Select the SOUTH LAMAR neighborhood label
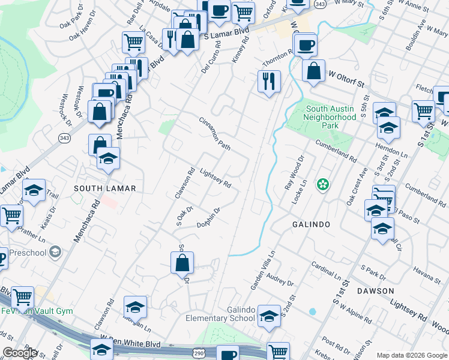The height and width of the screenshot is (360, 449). click(105, 188)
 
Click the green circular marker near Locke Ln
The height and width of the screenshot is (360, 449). click(323, 184)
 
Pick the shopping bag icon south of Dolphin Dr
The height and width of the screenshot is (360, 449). click(182, 263)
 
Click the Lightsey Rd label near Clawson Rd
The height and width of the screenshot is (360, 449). click(215, 178)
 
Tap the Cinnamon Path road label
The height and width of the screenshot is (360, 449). click(215, 133)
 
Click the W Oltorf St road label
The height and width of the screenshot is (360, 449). click(347, 79)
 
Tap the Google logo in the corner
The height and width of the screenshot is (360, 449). click(20, 353)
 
